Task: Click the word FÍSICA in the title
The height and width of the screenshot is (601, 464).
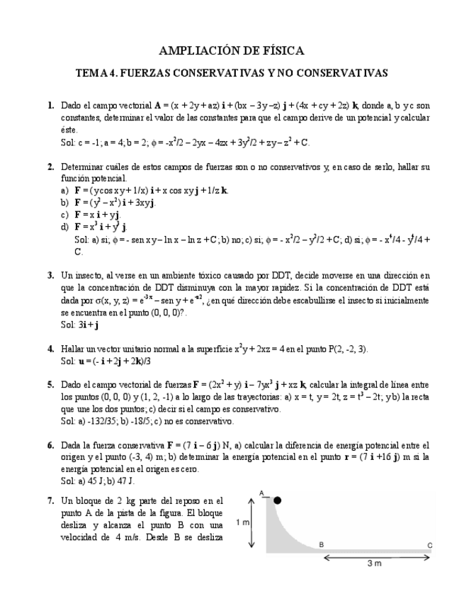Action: tap(281, 51)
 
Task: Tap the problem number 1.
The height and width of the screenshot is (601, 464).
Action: tap(51, 106)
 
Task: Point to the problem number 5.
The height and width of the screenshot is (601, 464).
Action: tap(51, 385)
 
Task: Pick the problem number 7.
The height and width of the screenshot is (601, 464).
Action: tap(51, 500)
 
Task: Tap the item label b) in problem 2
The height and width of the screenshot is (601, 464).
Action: tap(65, 203)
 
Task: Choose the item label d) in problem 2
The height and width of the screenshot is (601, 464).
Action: tap(65, 227)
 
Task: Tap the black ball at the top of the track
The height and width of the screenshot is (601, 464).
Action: tap(277, 500)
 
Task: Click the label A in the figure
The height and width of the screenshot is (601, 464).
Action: tap(261, 493)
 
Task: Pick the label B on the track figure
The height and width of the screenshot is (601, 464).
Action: tap(321, 544)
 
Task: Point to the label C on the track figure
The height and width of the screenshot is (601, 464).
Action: tap(429, 544)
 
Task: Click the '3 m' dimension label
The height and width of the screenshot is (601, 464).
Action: tap(375, 564)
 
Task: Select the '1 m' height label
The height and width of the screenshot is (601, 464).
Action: tap(242, 522)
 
